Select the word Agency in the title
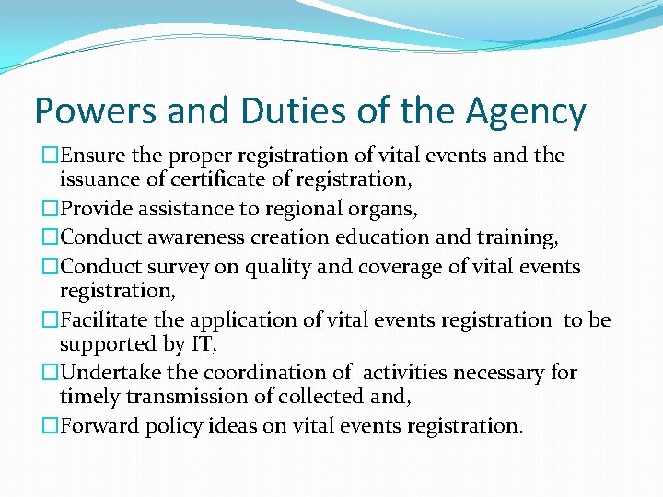point(527,111)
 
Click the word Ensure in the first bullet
point(95,156)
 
